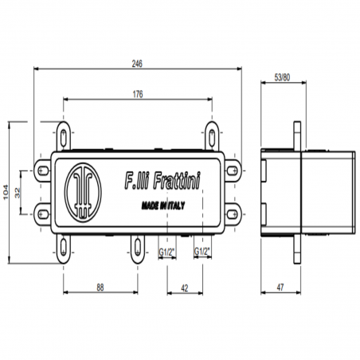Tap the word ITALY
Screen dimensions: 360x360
(175, 205)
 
